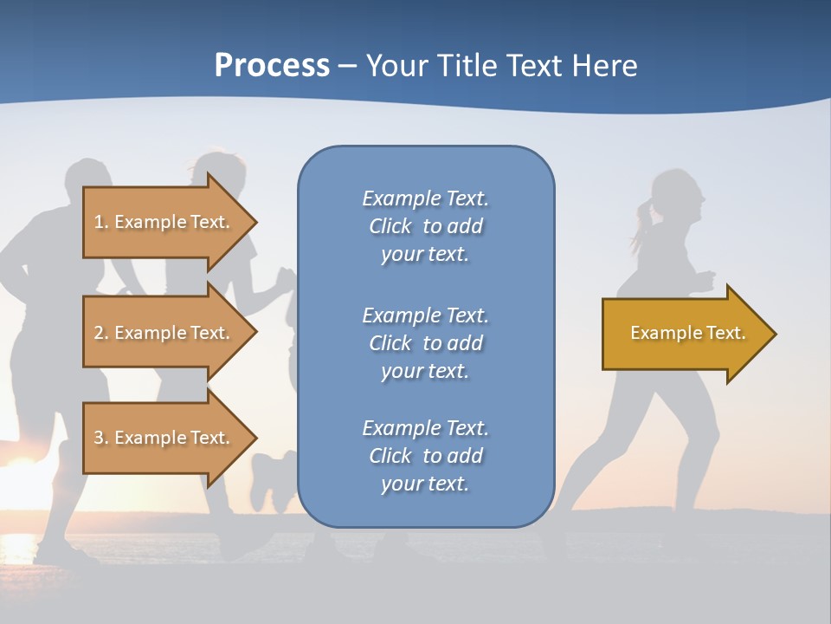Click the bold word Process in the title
[x=272, y=65]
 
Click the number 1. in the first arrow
[x=101, y=222]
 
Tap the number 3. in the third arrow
[x=101, y=438]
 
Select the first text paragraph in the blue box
[x=425, y=226]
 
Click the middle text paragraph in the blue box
[x=425, y=343]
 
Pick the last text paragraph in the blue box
[x=425, y=456]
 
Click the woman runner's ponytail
[x=643, y=222]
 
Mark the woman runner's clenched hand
[x=706, y=280]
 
